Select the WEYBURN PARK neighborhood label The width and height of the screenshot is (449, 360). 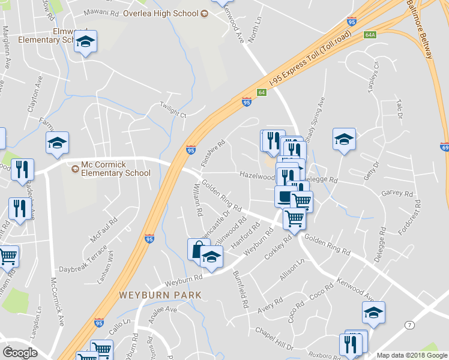[160, 295]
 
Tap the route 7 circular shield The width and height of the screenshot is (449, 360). [409, 324]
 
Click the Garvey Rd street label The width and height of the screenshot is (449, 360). [397, 194]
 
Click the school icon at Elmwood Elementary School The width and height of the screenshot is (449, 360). [85, 41]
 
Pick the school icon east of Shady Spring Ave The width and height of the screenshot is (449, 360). [344, 139]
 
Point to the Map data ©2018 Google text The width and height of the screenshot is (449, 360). [412, 355]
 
